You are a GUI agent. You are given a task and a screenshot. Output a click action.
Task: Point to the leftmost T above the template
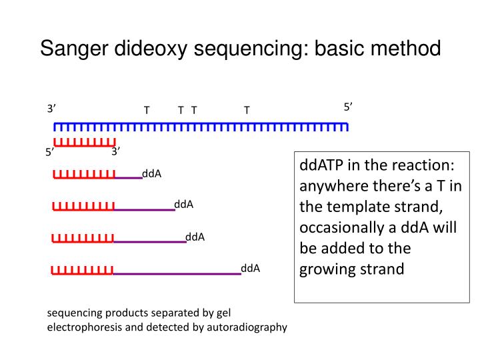(x=147, y=110)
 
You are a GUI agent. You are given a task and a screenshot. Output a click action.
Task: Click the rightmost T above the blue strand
(x=247, y=110)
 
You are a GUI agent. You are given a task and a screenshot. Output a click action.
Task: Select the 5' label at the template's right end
(x=348, y=107)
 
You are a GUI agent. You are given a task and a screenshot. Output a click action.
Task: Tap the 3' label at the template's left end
(x=52, y=109)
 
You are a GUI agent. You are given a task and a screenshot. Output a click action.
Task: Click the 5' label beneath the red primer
(x=50, y=152)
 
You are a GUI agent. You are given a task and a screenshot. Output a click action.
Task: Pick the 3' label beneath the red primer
(x=116, y=151)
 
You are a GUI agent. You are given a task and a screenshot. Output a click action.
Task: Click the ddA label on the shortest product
(x=152, y=174)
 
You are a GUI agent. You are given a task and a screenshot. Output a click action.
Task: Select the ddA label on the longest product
(x=251, y=269)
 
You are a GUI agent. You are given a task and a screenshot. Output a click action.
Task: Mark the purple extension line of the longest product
(x=177, y=273)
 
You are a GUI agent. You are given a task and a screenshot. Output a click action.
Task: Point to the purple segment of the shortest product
(x=128, y=178)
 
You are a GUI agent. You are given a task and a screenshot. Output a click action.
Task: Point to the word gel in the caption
(x=223, y=312)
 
